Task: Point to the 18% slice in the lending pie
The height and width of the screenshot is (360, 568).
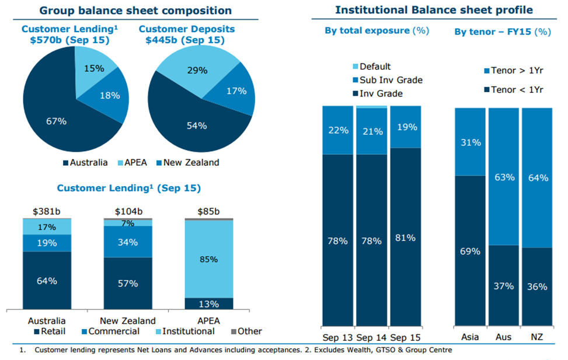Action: [109, 96]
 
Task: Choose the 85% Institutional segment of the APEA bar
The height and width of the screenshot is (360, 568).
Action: [209, 259]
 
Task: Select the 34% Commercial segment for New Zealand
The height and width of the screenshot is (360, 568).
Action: [128, 242]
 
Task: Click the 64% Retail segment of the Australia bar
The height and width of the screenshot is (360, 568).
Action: [47, 280]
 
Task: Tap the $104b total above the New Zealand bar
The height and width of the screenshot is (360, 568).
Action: [128, 211]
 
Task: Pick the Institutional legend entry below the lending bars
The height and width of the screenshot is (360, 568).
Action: [185, 331]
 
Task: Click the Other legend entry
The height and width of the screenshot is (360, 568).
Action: [246, 331]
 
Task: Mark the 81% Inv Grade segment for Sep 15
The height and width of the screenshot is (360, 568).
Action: [406, 237]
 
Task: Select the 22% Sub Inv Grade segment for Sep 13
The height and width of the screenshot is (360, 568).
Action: [338, 130]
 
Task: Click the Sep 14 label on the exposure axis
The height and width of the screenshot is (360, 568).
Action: [372, 338]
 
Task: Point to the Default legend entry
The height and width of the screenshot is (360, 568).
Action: [372, 67]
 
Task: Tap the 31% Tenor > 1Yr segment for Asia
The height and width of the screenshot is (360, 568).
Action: [470, 142]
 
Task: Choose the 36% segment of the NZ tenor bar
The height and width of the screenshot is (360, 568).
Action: [537, 286]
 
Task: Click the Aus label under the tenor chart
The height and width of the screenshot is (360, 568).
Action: [504, 337]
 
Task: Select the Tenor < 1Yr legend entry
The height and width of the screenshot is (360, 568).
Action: [514, 90]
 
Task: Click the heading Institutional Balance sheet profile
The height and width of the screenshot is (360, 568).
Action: [434, 10]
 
